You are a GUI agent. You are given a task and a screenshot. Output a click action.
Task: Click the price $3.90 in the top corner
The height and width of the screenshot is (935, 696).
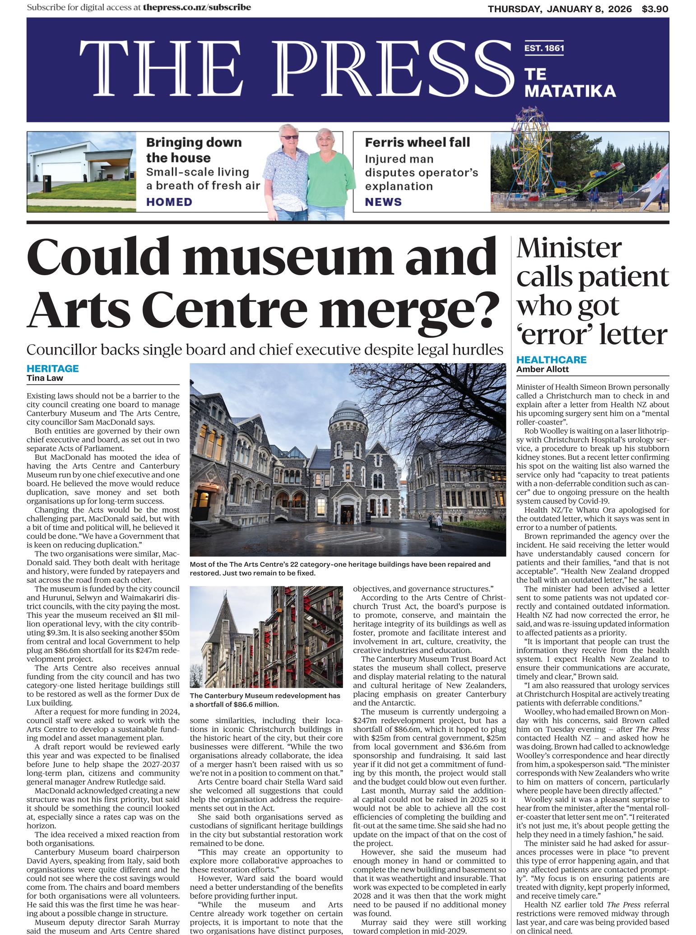pos(655,9)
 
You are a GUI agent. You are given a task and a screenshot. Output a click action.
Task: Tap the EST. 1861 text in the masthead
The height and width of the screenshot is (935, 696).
pos(544,48)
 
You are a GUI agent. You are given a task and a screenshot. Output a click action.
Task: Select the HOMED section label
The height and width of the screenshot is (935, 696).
pos(169,202)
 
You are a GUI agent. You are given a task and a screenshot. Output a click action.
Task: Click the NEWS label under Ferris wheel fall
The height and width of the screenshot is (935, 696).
pos(383,202)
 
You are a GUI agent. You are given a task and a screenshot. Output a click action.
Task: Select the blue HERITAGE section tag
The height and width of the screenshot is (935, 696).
pos(52,368)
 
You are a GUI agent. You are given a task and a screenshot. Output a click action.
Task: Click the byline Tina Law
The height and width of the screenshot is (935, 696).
pos(45,378)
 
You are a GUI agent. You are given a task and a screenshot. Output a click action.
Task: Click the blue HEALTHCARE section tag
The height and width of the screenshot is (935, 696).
pos(551,360)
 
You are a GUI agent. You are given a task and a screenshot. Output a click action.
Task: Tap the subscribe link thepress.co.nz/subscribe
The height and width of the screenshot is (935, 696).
pos(197,8)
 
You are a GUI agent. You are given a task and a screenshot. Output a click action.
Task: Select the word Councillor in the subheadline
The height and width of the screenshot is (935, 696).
pos(59,350)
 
